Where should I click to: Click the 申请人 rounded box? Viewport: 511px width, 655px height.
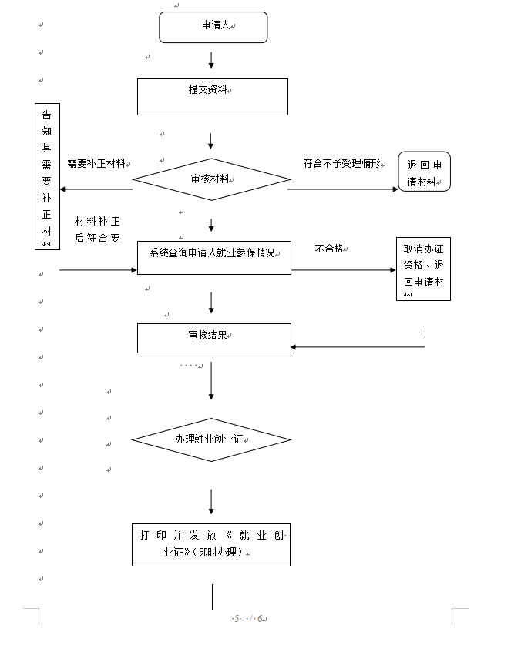point(213,27)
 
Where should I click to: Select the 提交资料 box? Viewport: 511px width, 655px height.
point(212,96)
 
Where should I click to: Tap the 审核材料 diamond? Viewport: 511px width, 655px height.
point(210,179)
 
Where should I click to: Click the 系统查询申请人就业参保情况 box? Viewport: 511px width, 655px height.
point(214,257)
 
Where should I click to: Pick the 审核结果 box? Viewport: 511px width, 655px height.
point(213,338)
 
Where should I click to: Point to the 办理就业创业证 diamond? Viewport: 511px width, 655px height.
point(210,440)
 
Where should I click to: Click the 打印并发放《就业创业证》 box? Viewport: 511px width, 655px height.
point(210,544)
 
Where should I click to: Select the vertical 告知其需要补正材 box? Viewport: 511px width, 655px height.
point(47,176)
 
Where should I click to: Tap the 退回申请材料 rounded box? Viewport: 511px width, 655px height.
point(424,172)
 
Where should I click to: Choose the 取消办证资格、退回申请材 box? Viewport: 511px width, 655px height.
point(423,269)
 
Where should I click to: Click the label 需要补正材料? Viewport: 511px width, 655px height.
point(96,164)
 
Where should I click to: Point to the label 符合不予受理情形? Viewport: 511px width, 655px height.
point(341,164)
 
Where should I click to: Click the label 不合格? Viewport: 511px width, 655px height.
point(329,249)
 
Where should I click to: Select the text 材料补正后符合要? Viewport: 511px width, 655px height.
point(97,229)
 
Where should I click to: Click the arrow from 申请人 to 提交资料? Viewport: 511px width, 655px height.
point(211,60)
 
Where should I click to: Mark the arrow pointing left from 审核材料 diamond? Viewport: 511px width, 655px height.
point(96,189)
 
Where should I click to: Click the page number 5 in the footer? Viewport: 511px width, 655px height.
point(237,619)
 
